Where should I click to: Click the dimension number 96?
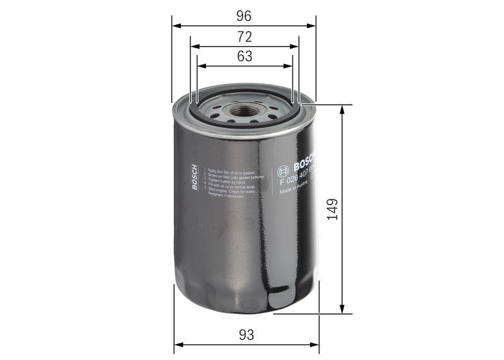point(244,14)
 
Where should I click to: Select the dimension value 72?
point(244,36)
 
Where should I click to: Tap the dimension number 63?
point(244,55)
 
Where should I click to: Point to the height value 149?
point(332,209)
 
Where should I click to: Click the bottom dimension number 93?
point(246,335)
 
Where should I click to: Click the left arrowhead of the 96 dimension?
point(175,26)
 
